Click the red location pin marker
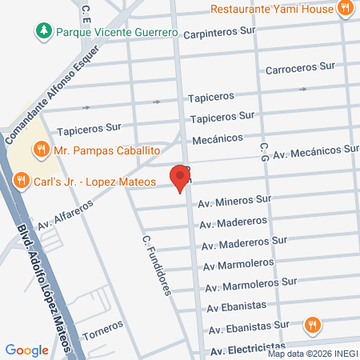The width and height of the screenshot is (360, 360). pyautogui.click(x=179, y=177)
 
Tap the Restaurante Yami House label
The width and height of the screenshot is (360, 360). pyautogui.click(x=272, y=10)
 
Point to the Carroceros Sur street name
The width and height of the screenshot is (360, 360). pyautogui.click(x=298, y=69)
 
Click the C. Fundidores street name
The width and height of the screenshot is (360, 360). pyautogui.click(x=157, y=265)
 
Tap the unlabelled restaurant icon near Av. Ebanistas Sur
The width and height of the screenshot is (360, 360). pyautogui.click(x=312, y=326)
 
